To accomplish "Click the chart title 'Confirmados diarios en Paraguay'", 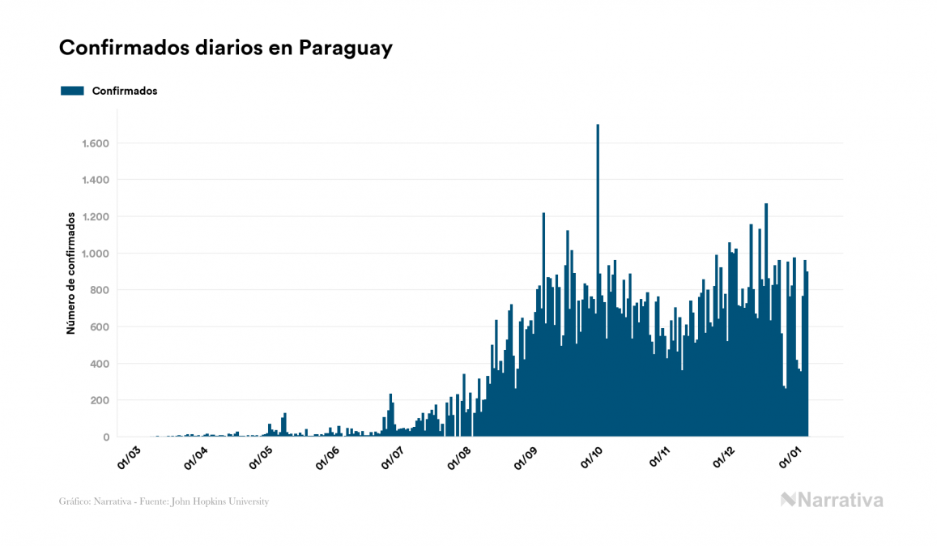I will coord(226,48).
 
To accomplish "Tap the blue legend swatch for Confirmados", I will coord(72,91).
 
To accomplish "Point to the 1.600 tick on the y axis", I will coord(95,143).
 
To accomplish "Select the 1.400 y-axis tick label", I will coord(95,180).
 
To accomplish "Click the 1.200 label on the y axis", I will coord(95,217).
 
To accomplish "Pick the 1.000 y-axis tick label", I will coord(95,254).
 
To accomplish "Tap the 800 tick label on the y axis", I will coord(99,290).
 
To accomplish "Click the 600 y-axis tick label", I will coord(99,327).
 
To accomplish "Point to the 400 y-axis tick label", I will coord(99,364).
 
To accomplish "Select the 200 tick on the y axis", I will coord(99,400).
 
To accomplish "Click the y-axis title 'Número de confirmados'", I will coord(71,273).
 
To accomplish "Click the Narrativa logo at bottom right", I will coord(832,500).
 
